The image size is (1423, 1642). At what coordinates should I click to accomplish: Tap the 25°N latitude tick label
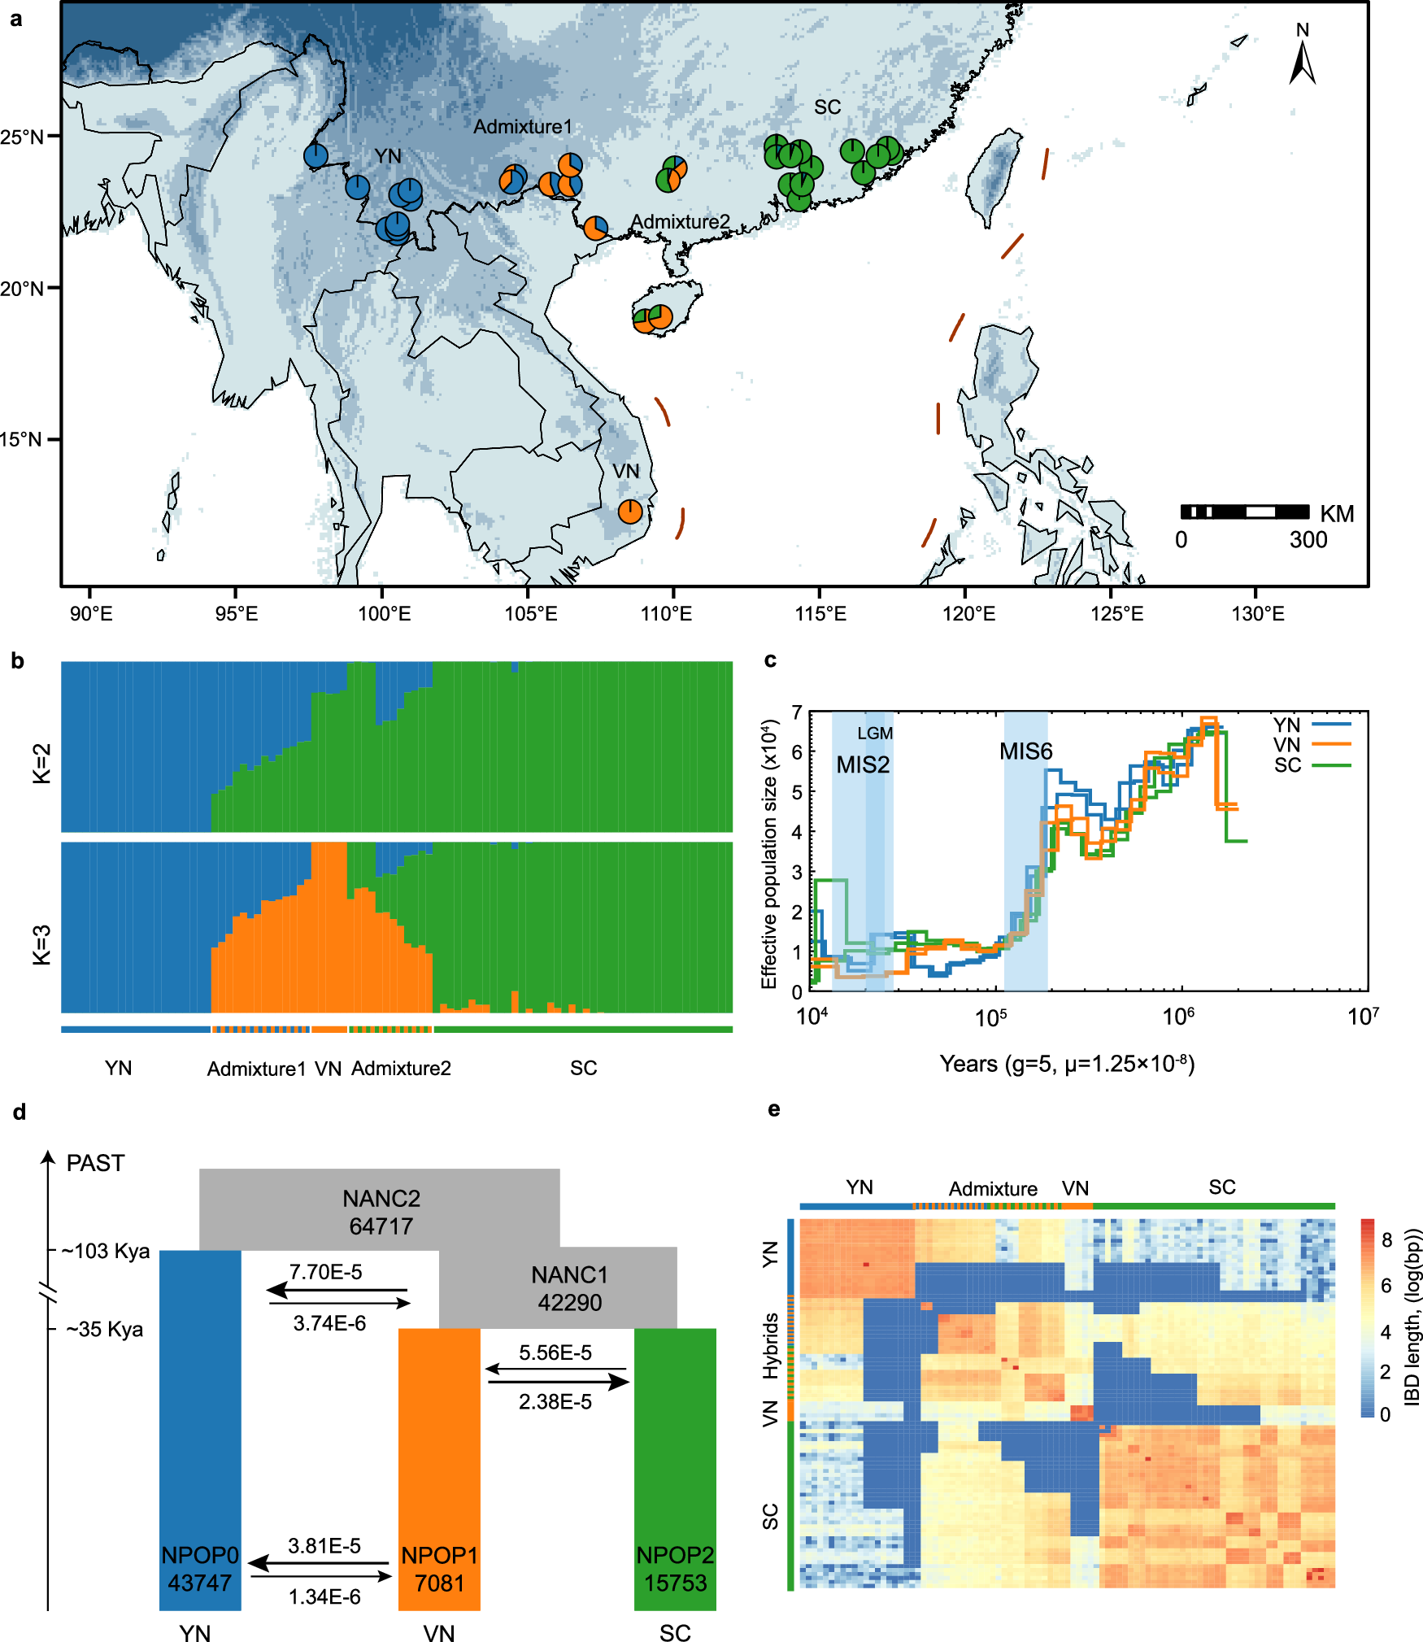click(22, 137)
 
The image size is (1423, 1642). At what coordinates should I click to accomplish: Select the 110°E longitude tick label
click(666, 613)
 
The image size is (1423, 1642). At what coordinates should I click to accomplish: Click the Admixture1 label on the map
click(523, 127)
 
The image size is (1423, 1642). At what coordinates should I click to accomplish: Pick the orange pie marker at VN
click(630, 512)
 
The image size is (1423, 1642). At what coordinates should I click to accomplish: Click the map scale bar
click(1245, 512)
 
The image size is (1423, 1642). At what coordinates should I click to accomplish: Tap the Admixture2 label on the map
click(681, 221)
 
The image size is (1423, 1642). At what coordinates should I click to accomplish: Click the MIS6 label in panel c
click(1025, 751)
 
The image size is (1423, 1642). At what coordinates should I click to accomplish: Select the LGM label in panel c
click(875, 733)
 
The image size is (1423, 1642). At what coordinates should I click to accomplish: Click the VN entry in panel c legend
click(1287, 745)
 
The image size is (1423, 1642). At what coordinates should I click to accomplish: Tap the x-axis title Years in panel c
click(1067, 1064)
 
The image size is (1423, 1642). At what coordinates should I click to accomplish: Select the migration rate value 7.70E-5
click(326, 1272)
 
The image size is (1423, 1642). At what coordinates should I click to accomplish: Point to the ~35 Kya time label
click(105, 1330)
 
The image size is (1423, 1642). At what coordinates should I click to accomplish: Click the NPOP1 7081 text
click(439, 1569)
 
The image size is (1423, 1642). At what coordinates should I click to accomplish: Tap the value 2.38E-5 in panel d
click(555, 1402)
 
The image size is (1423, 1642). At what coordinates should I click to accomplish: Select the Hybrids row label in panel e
click(771, 1345)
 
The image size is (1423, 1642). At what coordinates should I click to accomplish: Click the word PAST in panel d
click(95, 1163)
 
